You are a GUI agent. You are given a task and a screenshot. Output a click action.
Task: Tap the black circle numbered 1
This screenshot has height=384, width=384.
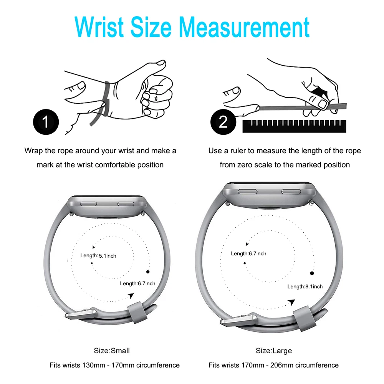pos(46,122)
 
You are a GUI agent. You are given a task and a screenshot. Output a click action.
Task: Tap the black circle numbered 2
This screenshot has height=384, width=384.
pos(223,122)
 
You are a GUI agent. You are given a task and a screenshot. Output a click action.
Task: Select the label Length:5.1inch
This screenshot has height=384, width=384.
pos(98,256)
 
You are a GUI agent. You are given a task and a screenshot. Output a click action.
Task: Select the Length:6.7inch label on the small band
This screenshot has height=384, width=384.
pos(137,283)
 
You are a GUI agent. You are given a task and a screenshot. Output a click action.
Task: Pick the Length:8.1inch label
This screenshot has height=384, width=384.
pos(305,286)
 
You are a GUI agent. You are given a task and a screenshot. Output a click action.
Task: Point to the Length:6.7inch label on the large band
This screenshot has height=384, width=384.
pos(248,253)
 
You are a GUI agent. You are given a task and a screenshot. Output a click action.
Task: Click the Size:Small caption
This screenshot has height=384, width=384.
pos(112,351)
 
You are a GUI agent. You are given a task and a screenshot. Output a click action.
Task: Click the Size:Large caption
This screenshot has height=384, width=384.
pos(274,351)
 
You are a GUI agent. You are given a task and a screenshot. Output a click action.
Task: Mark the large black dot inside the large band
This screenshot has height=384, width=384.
pos(312,273)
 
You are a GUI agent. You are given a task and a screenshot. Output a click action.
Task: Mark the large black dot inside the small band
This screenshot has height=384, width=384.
pos(148,271)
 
